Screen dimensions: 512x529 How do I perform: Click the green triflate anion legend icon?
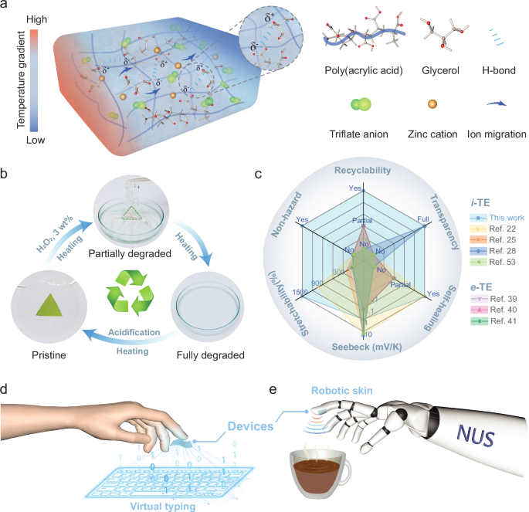coord(361,105)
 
